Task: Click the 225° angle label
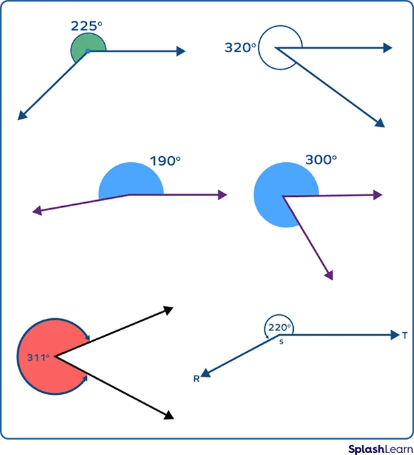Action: [87, 26]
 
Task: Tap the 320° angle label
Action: [240, 48]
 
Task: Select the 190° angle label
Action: [165, 161]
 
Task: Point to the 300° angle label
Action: [321, 160]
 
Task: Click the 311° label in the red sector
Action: [38, 358]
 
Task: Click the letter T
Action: [405, 336]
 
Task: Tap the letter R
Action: [196, 379]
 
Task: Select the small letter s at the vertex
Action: [281, 342]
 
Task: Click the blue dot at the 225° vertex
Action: [87, 51]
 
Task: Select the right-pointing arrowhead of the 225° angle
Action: [181, 51]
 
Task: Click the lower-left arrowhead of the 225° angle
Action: [21, 116]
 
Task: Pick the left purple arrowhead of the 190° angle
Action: [37, 211]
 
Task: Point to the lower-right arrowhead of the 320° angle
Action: [380, 123]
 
